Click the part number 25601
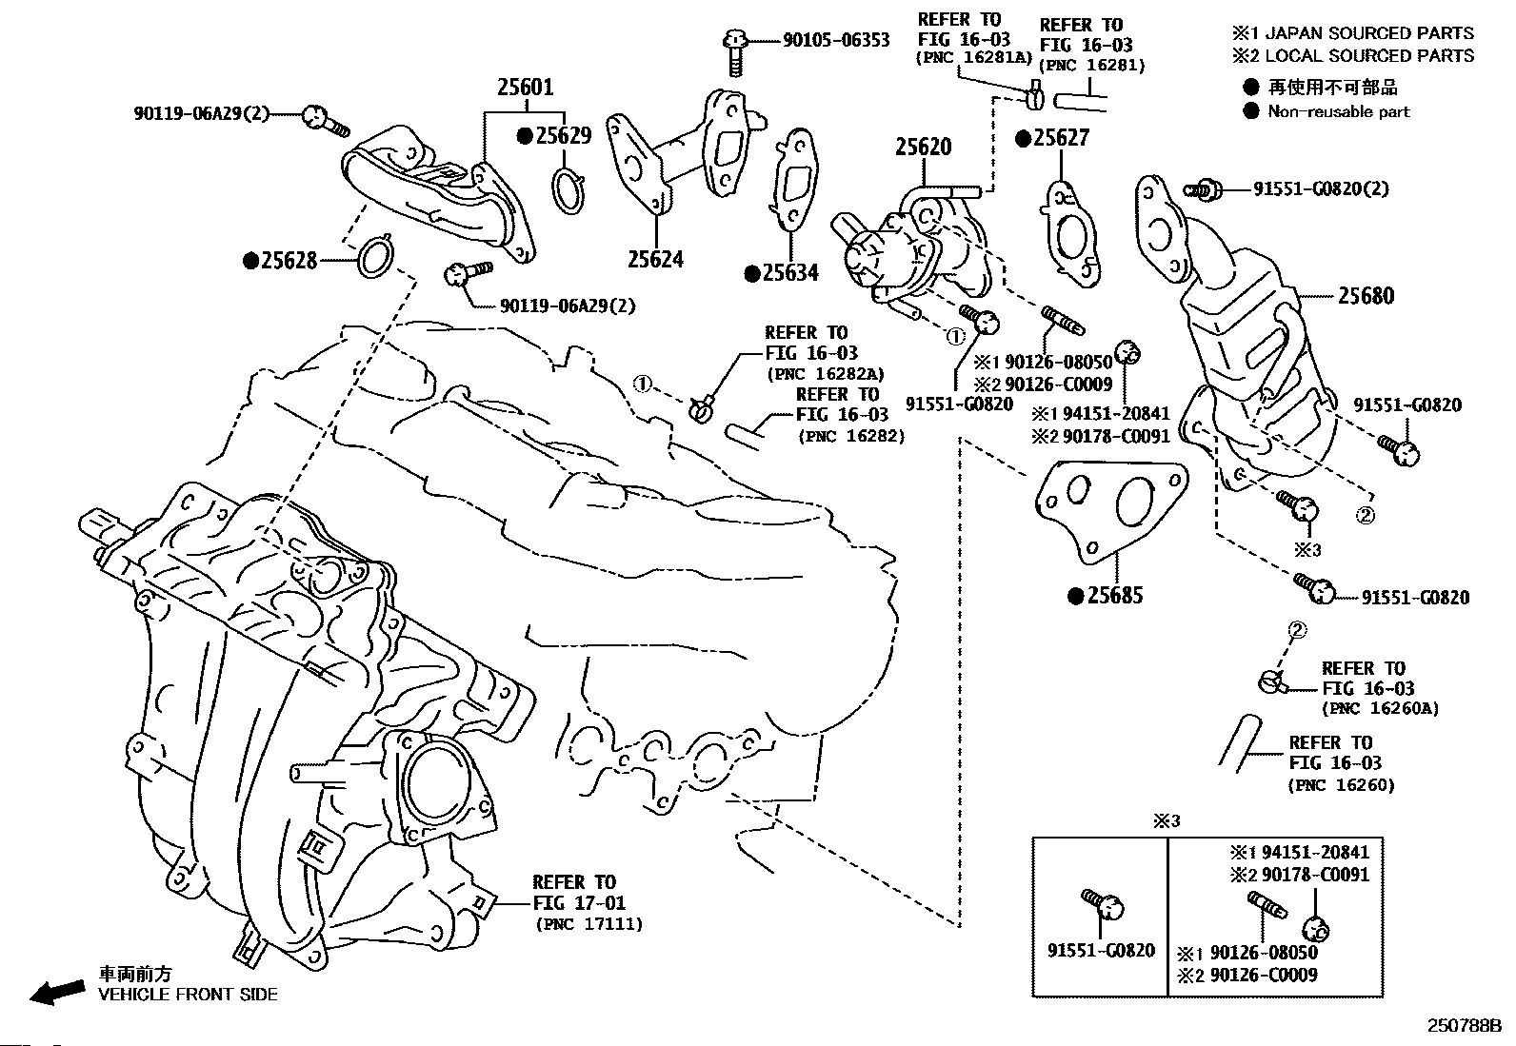click(x=525, y=88)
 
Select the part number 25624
click(x=655, y=259)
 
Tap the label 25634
click(x=789, y=274)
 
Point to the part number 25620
click(x=923, y=148)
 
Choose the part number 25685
click(x=1114, y=596)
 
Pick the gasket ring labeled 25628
click(x=375, y=258)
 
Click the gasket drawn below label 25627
click(x=1068, y=232)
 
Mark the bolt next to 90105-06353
click(x=735, y=51)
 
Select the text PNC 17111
click(x=588, y=924)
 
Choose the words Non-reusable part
click(x=1338, y=111)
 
